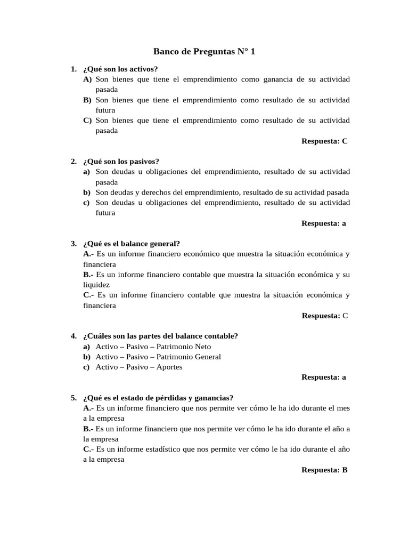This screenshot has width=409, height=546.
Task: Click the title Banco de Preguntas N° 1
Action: [x=204, y=52]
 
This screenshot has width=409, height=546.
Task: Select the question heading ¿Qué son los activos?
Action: [x=120, y=69]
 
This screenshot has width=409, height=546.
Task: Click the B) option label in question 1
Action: [x=87, y=100]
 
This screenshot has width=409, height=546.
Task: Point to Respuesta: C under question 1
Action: [x=324, y=141]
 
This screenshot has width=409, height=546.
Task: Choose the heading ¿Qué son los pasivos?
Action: [x=121, y=162]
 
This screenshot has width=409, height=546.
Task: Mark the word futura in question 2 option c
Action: [x=105, y=213]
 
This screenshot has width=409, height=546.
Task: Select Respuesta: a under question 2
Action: [x=324, y=223]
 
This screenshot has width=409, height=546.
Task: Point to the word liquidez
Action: [x=96, y=285]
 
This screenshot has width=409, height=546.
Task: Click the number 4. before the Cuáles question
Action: [x=73, y=336]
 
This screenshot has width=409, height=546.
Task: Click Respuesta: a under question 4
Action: [x=324, y=377]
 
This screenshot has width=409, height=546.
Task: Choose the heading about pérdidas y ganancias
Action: [x=158, y=398]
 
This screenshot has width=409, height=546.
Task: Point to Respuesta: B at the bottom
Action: [x=324, y=470]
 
